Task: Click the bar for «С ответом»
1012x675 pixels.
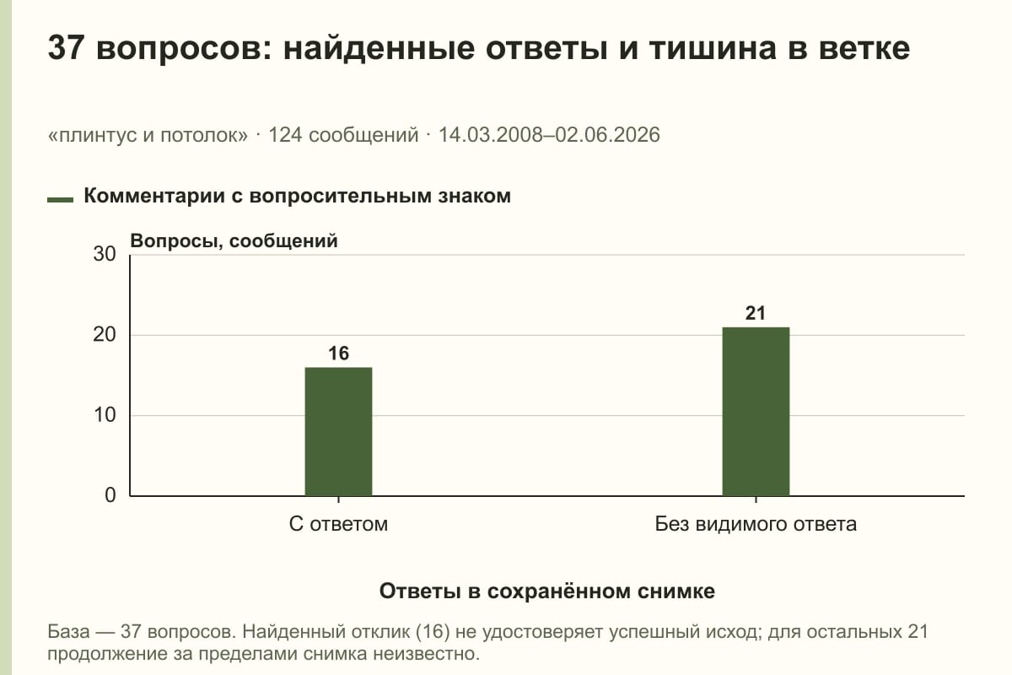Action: click(338, 432)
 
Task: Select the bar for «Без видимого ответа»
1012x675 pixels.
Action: click(756, 412)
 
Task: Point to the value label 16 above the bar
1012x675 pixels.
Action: click(338, 353)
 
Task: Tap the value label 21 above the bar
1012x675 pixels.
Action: click(756, 313)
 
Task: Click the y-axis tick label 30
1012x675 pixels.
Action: click(105, 254)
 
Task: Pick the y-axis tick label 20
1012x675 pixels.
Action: click(105, 335)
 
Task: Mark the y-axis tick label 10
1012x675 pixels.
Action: click(105, 415)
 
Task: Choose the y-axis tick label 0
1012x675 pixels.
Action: click(110, 495)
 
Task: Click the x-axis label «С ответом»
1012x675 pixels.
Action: click(338, 525)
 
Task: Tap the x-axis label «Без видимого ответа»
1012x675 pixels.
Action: click(756, 525)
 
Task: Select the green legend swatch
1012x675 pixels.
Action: click(60, 199)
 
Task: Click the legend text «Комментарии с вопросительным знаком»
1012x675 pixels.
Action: click(297, 197)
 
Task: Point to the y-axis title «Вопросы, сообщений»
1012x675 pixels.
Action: click(234, 241)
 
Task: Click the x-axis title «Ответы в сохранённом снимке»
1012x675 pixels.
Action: click(547, 591)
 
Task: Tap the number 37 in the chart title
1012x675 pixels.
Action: click(66, 47)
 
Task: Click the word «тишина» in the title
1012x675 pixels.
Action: click(713, 48)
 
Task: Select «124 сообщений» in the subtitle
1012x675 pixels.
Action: click(344, 135)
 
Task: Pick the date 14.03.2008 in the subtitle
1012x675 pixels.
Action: click(491, 135)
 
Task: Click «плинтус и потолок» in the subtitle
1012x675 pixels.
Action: click(148, 135)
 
